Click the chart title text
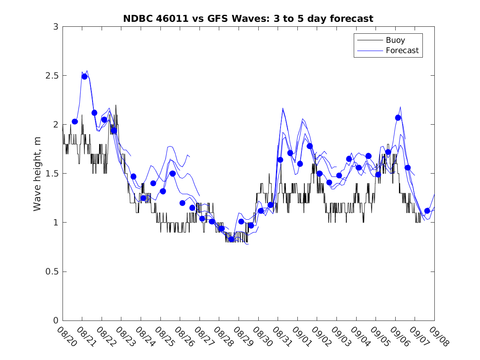pos(248,19)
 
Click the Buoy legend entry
pos(395,40)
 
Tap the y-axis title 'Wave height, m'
pos(37,174)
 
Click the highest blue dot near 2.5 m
pos(84,77)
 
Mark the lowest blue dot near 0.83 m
pos(231,239)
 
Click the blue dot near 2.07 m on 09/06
pos(398,118)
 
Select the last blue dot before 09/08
pos(427,211)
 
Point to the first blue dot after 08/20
pos(75,121)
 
